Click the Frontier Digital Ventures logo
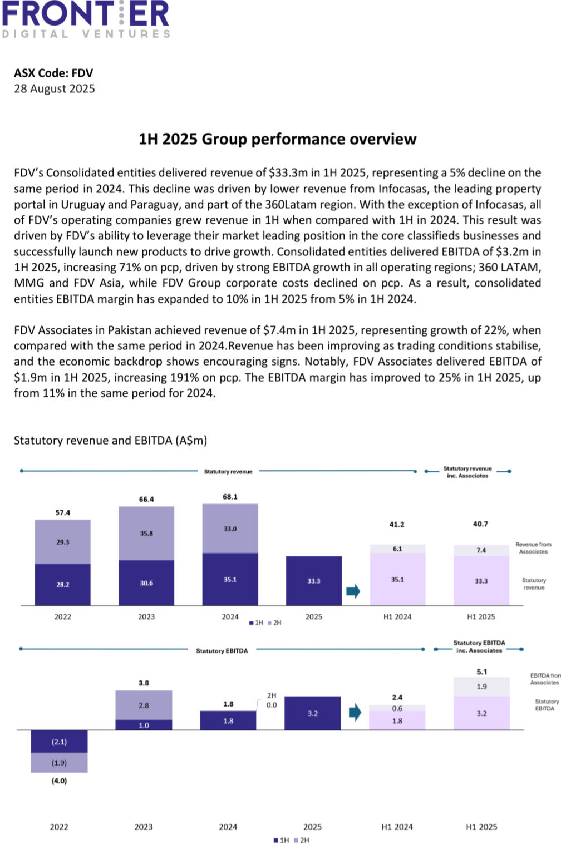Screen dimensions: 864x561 (x=86, y=19)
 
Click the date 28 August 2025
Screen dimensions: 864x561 (x=55, y=89)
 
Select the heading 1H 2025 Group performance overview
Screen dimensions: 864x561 (x=277, y=139)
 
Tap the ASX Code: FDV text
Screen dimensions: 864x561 (x=53, y=73)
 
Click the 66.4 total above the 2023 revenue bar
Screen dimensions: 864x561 (x=146, y=500)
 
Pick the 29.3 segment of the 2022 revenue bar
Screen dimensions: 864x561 (x=63, y=542)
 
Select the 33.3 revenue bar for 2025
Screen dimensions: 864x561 (x=314, y=581)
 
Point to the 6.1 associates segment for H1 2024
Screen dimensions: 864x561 (x=397, y=549)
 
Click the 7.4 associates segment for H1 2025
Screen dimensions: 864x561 (x=481, y=550)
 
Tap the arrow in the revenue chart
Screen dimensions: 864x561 (x=353, y=591)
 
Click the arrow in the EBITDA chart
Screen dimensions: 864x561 (x=355, y=712)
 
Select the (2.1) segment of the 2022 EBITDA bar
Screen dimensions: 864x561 (x=59, y=742)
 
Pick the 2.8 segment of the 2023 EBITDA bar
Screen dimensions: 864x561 (x=144, y=705)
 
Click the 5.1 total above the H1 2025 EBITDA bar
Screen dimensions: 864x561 (x=482, y=672)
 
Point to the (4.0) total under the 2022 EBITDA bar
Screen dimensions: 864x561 (x=59, y=781)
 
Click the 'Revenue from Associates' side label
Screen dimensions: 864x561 (x=533, y=548)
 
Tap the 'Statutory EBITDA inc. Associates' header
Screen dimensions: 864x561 (x=479, y=646)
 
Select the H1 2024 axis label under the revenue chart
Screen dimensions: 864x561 (x=397, y=616)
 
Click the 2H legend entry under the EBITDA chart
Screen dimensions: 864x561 (x=302, y=840)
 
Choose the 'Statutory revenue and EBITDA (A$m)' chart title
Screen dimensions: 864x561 (x=110, y=441)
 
